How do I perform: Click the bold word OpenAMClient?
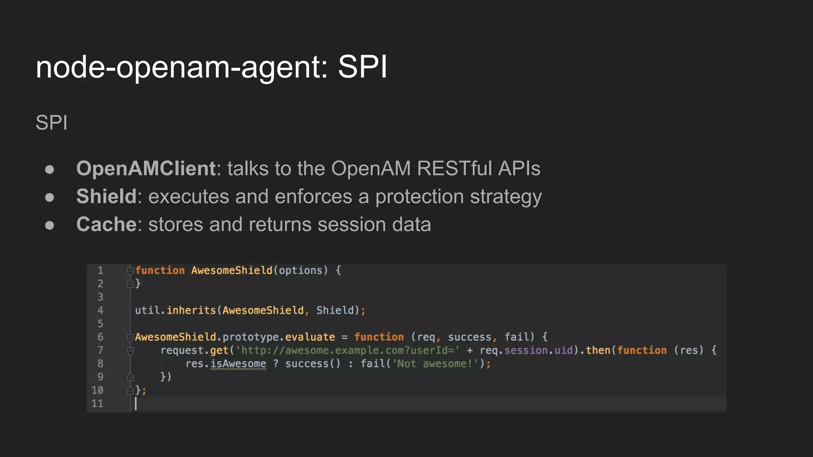point(146,168)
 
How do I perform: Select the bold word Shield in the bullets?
point(106,196)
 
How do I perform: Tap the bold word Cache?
point(106,225)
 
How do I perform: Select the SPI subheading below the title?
point(52,123)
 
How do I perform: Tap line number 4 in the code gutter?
point(100,310)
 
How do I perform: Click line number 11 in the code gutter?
point(98,403)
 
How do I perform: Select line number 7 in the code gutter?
point(100,350)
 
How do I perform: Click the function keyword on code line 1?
point(160,271)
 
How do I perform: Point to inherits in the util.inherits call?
point(191,310)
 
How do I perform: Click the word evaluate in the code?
point(310,337)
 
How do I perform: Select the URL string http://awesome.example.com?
point(348,350)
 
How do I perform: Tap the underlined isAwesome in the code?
point(238,364)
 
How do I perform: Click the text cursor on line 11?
point(136,403)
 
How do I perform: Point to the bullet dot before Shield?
point(50,197)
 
